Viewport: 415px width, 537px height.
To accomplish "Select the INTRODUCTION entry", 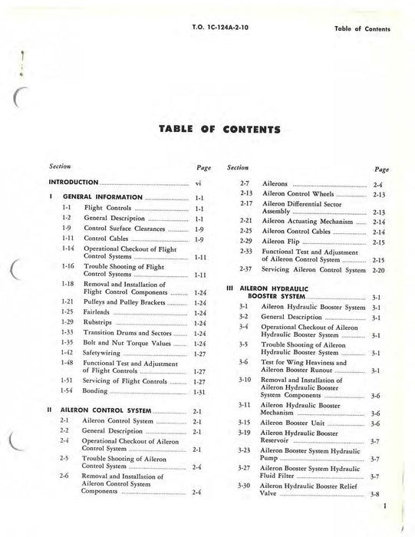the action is click(74, 183).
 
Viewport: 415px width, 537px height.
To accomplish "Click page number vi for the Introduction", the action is click(198, 183).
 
